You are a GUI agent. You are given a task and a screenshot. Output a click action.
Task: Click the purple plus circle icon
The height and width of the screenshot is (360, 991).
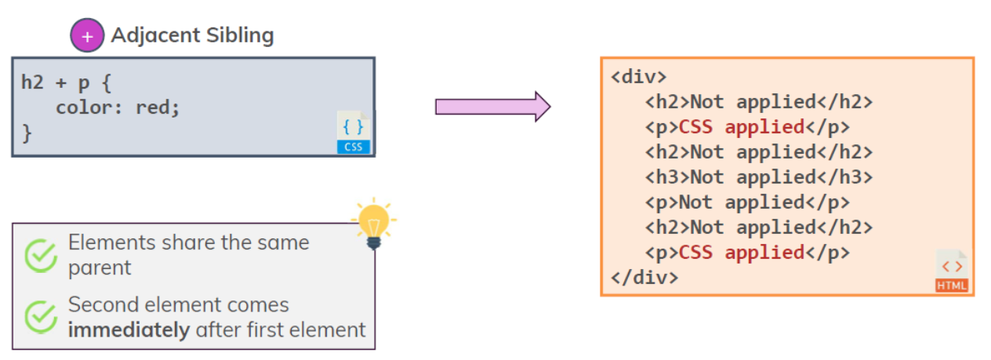(x=87, y=36)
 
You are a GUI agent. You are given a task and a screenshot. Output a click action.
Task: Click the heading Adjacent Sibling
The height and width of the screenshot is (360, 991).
(x=192, y=35)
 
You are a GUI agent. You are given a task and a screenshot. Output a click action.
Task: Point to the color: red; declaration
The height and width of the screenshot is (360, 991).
(x=118, y=107)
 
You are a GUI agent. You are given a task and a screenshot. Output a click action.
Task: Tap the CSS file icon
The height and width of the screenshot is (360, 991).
(x=353, y=131)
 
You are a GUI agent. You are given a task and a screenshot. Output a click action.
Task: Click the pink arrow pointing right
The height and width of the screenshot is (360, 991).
(x=492, y=107)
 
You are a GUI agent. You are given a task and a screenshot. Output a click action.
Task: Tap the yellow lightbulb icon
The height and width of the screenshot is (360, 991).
(x=374, y=223)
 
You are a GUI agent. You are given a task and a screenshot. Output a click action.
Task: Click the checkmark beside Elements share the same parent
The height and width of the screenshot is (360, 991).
(x=41, y=256)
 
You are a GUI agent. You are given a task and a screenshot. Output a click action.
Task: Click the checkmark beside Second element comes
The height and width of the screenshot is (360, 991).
(x=41, y=317)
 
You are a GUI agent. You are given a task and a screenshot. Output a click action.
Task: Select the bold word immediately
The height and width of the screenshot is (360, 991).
(x=129, y=330)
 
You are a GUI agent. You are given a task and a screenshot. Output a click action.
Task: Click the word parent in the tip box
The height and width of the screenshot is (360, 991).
(x=100, y=267)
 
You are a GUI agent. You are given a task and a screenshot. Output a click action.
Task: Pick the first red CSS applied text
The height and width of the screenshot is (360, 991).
(x=742, y=127)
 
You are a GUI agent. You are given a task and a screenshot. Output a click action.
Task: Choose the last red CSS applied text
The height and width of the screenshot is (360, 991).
(x=742, y=253)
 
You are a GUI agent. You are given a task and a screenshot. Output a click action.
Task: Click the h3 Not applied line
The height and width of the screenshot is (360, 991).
(x=759, y=177)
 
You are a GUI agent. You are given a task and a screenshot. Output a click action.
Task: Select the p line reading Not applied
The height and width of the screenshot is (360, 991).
(x=747, y=202)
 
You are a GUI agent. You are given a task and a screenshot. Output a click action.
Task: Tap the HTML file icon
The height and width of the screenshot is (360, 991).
(x=952, y=271)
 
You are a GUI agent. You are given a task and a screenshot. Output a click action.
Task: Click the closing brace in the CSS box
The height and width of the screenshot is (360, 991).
(x=27, y=133)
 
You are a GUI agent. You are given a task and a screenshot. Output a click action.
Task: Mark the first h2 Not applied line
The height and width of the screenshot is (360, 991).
(x=759, y=102)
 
